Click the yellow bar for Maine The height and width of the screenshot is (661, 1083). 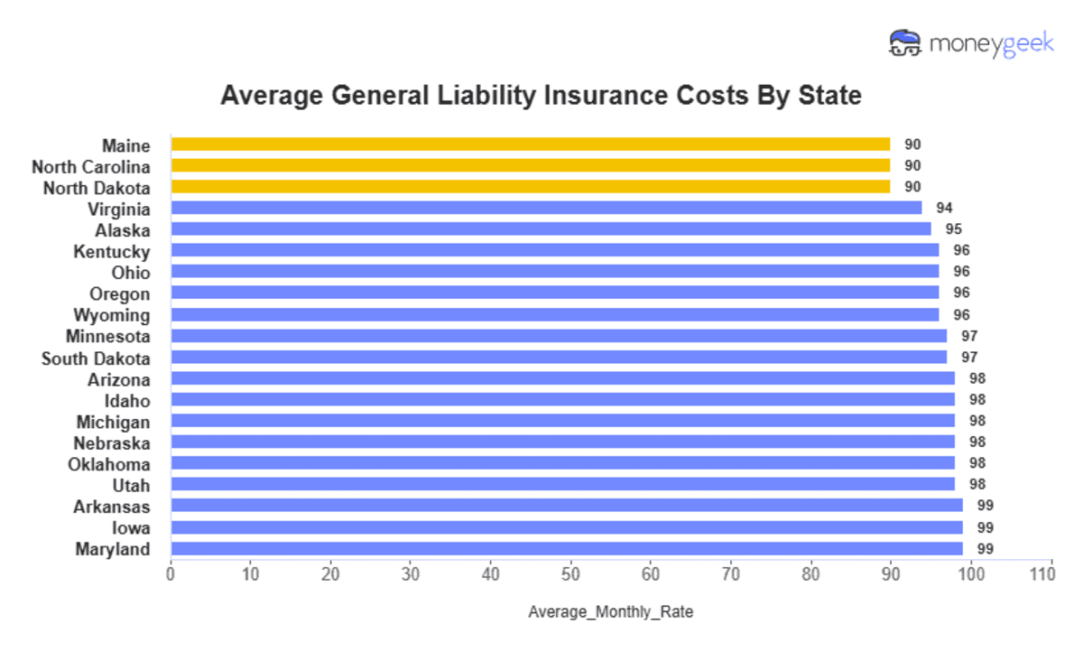point(531,144)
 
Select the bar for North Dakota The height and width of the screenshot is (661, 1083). point(531,187)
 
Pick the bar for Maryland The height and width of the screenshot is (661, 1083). point(567,549)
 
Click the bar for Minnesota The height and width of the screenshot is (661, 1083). point(559,336)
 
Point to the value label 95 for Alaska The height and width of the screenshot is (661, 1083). point(953,229)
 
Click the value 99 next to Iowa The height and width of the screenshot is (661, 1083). point(985,527)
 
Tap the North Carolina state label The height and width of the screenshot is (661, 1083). point(91,166)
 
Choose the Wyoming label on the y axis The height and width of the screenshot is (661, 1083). point(112,315)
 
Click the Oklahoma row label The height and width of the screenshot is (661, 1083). point(109,464)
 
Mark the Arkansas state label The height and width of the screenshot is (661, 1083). point(112,507)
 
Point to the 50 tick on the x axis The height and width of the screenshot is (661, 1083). point(570,573)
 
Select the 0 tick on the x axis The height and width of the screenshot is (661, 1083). point(171,573)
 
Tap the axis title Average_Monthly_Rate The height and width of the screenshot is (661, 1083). point(610,612)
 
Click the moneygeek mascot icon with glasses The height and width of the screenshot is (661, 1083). point(904,42)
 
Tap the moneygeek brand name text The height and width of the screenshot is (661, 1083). point(991,43)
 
